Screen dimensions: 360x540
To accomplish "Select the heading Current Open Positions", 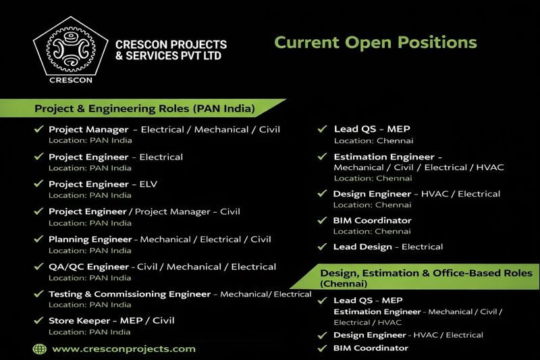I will [x=375, y=42].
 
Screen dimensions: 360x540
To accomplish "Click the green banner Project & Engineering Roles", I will [x=144, y=108].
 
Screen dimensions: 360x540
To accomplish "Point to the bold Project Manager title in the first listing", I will [x=88, y=129].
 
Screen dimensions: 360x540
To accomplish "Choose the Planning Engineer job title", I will [x=90, y=239].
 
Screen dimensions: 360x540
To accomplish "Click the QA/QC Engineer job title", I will [x=90, y=267].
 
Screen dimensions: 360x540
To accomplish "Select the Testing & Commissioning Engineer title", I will [x=130, y=294].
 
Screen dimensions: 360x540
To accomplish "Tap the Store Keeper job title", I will [x=79, y=321].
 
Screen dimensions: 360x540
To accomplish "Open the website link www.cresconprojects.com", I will [x=124, y=349].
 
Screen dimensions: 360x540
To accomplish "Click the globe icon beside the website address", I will [x=39, y=349].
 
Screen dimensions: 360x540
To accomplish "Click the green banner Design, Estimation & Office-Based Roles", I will [x=426, y=276].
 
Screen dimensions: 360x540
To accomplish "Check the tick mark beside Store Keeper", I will [x=38, y=321].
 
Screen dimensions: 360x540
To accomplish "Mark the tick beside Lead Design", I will [x=323, y=247].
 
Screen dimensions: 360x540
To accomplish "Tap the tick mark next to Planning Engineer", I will [x=38, y=239].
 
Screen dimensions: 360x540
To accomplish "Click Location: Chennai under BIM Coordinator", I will [x=373, y=232].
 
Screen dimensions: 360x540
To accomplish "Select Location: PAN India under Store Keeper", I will [x=90, y=332].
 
